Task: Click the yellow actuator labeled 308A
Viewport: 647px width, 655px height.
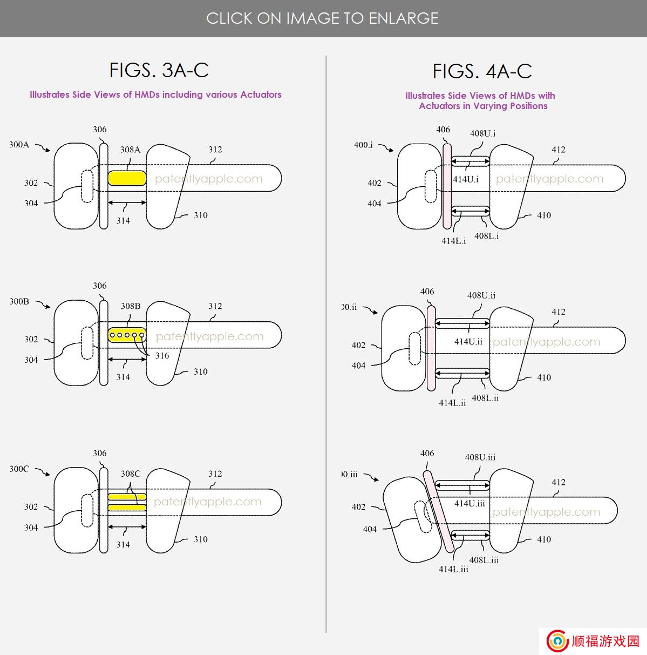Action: pos(127,178)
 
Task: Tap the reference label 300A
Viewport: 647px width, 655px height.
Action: pos(19,145)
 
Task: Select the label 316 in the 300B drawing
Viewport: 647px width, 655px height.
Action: pos(162,355)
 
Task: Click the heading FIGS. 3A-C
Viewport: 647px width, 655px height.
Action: pos(159,70)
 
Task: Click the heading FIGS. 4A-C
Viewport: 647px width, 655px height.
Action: pos(482,71)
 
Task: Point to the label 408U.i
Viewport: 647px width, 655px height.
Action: pos(482,133)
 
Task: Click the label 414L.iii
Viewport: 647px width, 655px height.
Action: pos(453,569)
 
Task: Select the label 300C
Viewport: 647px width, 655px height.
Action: pos(19,469)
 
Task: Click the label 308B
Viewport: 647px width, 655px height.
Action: pos(131,306)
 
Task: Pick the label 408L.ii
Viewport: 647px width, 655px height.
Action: pos(485,397)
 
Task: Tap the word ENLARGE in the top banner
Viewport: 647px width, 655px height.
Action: pos(404,18)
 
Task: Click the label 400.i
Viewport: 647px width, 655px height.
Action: pos(363,145)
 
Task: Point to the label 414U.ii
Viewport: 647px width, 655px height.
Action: pos(468,341)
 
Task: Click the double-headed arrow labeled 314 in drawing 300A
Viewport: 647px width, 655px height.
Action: pos(127,202)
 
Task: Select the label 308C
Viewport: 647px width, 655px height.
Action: pos(131,474)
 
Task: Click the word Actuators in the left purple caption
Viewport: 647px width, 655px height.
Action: pos(261,94)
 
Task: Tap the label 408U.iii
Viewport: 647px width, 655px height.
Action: pos(480,457)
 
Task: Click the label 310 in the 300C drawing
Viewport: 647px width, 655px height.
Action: pos(201,539)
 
